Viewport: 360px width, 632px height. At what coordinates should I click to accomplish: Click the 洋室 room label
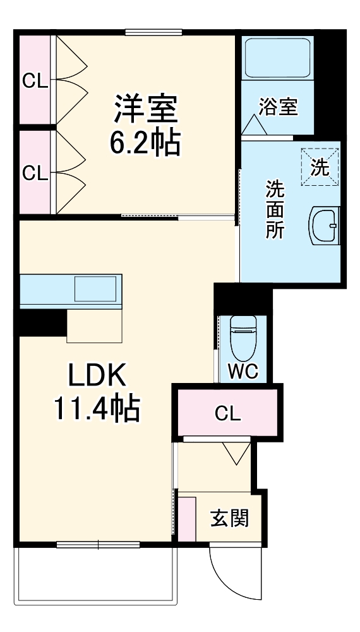[x=146, y=110]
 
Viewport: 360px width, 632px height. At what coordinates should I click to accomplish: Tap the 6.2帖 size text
[x=146, y=143]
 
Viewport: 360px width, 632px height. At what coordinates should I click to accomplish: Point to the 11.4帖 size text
[x=97, y=409]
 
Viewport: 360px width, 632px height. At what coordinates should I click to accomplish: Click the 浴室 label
[x=279, y=107]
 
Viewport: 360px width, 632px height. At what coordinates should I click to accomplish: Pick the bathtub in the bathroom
[x=277, y=58]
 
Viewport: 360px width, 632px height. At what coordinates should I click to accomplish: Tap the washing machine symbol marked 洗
[x=320, y=167]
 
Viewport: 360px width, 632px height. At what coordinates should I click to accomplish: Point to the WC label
[x=243, y=372]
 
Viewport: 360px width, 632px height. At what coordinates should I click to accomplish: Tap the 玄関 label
[x=230, y=518]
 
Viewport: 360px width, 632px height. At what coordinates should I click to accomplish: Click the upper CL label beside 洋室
[x=35, y=80]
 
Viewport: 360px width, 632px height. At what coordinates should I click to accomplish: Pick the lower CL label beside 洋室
[x=35, y=173]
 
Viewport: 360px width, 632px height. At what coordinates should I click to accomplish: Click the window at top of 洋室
[x=153, y=32]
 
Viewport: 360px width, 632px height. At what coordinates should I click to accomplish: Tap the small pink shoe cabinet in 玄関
[x=186, y=518]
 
